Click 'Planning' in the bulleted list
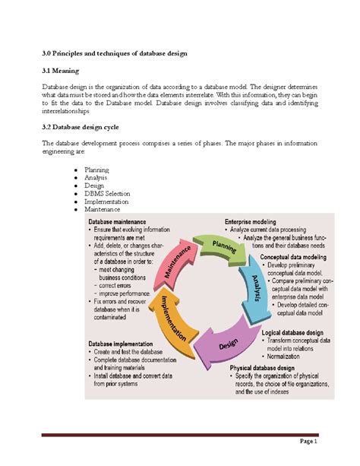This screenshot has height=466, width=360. tap(97, 170)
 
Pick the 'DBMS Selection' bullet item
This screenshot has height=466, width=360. tap(108, 194)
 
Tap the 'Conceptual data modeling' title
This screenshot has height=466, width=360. tap(293, 257)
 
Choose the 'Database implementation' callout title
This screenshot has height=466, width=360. tap(124, 344)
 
